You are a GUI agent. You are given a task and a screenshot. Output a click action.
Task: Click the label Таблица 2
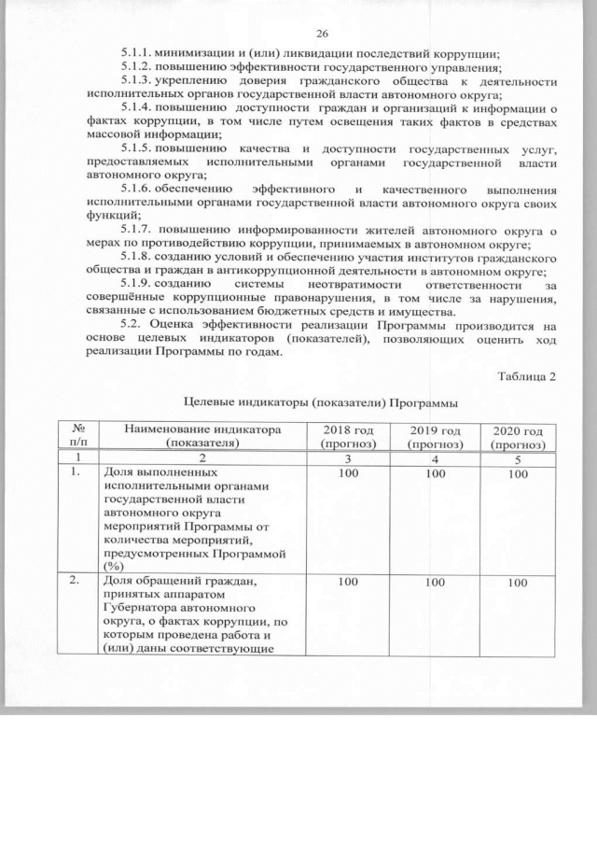click(527, 375)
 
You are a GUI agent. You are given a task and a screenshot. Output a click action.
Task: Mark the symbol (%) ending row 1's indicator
click(114, 565)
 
